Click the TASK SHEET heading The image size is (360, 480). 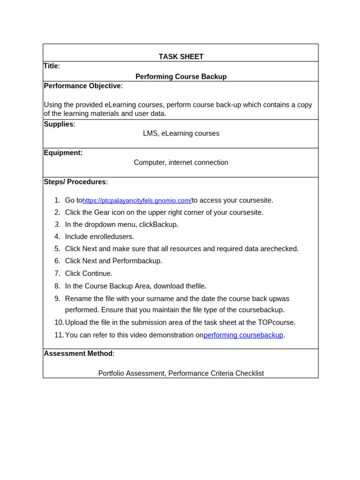click(181, 57)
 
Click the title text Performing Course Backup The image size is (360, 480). click(181, 76)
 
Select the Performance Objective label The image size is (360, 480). click(82, 86)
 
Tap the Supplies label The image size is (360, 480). click(58, 124)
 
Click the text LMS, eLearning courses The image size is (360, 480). click(181, 134)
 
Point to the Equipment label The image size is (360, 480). click(63, 153)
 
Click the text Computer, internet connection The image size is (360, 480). click(181, 163)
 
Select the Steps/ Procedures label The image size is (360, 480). click(75, 182)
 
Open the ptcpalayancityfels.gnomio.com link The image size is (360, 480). click(137, 201)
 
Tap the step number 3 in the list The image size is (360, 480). click(57, 225)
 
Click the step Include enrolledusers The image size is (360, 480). click(99, 237)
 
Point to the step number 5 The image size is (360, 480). click(57, 249)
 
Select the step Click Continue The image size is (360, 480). click(89, 273)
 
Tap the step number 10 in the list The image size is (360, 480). click(59, 322)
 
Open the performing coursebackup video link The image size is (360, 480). click(243, 335)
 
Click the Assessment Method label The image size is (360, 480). click(78, 353)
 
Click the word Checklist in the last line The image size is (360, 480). click(249, 374)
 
